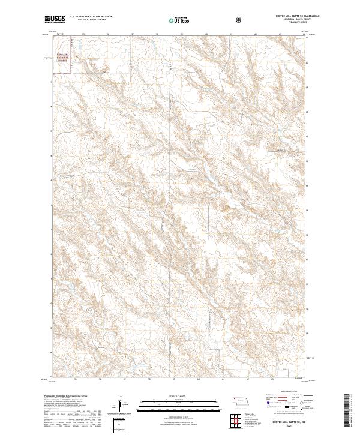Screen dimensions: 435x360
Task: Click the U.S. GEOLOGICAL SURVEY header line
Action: point(83,20)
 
